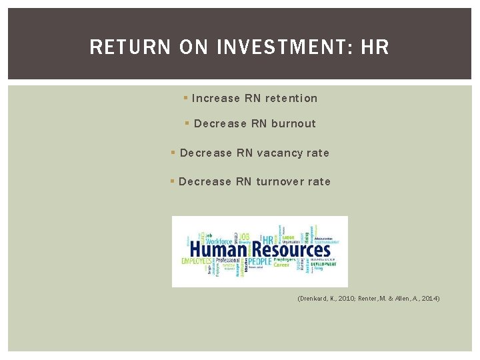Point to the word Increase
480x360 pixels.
[x=215, y=99]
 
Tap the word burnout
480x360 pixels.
[x=293, y=124]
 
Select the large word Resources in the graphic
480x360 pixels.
[x=289, y=250]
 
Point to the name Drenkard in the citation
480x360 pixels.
[x=315, y=299]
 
